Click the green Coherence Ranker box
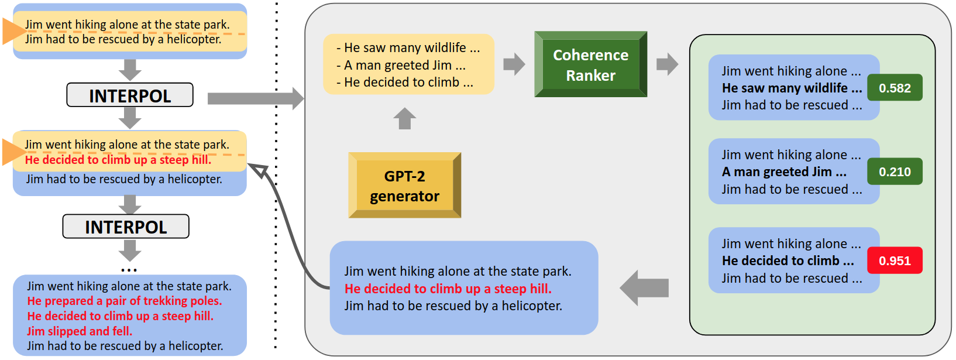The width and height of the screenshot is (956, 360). click(x=590, y=64)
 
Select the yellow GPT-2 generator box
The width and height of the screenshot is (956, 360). click(x=404, y=186)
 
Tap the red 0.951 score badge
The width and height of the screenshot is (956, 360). click(x=895, y=261)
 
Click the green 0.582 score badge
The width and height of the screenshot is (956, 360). click(x=895, y=88)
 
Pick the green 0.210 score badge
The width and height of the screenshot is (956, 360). click(x=895, y=172)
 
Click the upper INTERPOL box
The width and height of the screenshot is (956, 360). click(x=130, y=95)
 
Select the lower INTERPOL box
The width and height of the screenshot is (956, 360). click(x=126, y=227)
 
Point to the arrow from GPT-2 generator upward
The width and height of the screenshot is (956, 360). click(x=404, y=119)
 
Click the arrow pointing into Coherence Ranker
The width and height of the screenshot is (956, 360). click(x=514, y=64)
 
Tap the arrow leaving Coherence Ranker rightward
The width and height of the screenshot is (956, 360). click(x=667, y=64)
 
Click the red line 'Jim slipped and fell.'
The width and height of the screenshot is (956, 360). click(x=80, y=331)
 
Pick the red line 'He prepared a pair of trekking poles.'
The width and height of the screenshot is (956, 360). click(x=125, y=301)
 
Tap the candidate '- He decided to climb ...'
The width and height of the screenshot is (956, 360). click(x=405, y=83)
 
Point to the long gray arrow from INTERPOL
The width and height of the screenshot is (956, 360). click(x=255, y=98)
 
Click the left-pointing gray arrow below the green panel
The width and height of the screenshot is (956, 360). click(x=644, y=287)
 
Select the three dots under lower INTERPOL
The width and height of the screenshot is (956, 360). click(x=129, y=270)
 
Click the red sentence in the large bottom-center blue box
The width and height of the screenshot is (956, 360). click(x=448, y=289)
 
